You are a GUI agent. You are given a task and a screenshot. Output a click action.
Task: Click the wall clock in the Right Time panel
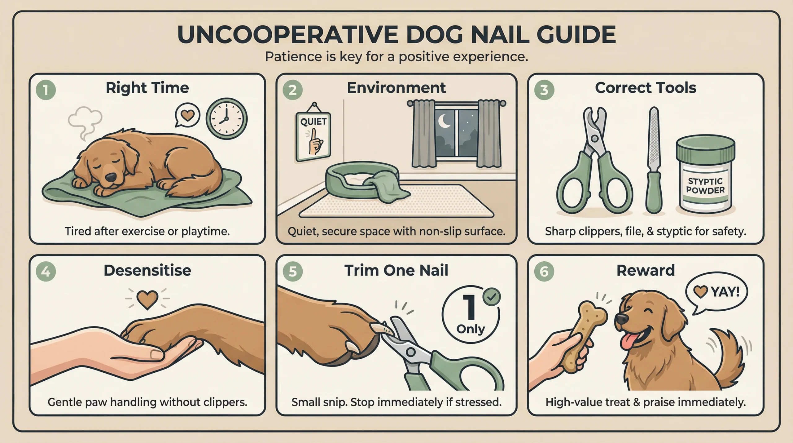226,119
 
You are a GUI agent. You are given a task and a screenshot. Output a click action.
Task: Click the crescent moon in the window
444,121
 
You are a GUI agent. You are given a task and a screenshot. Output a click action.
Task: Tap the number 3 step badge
544,90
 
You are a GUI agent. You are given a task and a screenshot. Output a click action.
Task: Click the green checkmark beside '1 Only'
492,297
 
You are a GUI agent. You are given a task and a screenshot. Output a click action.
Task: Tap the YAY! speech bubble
716,292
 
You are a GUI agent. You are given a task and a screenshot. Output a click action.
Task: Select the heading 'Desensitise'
147,271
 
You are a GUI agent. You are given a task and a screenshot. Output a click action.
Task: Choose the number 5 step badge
292,272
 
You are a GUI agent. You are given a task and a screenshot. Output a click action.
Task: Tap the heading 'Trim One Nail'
396,271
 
